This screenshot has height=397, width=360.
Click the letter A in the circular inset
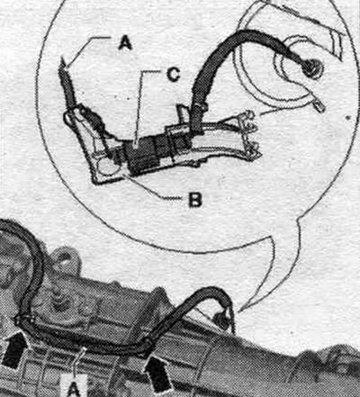[125, 43]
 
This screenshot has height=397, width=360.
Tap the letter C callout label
[173, 75]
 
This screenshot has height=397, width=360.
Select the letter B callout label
[195, 200]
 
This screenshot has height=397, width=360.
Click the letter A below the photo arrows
[74, 389]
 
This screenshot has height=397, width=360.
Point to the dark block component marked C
[143, 156]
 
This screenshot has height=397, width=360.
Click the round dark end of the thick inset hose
[312, 68]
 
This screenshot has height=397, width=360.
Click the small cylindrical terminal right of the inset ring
[319, 105]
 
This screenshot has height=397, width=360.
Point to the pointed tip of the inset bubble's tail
[239, 312]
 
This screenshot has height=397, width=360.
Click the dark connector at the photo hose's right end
[223, 320]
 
